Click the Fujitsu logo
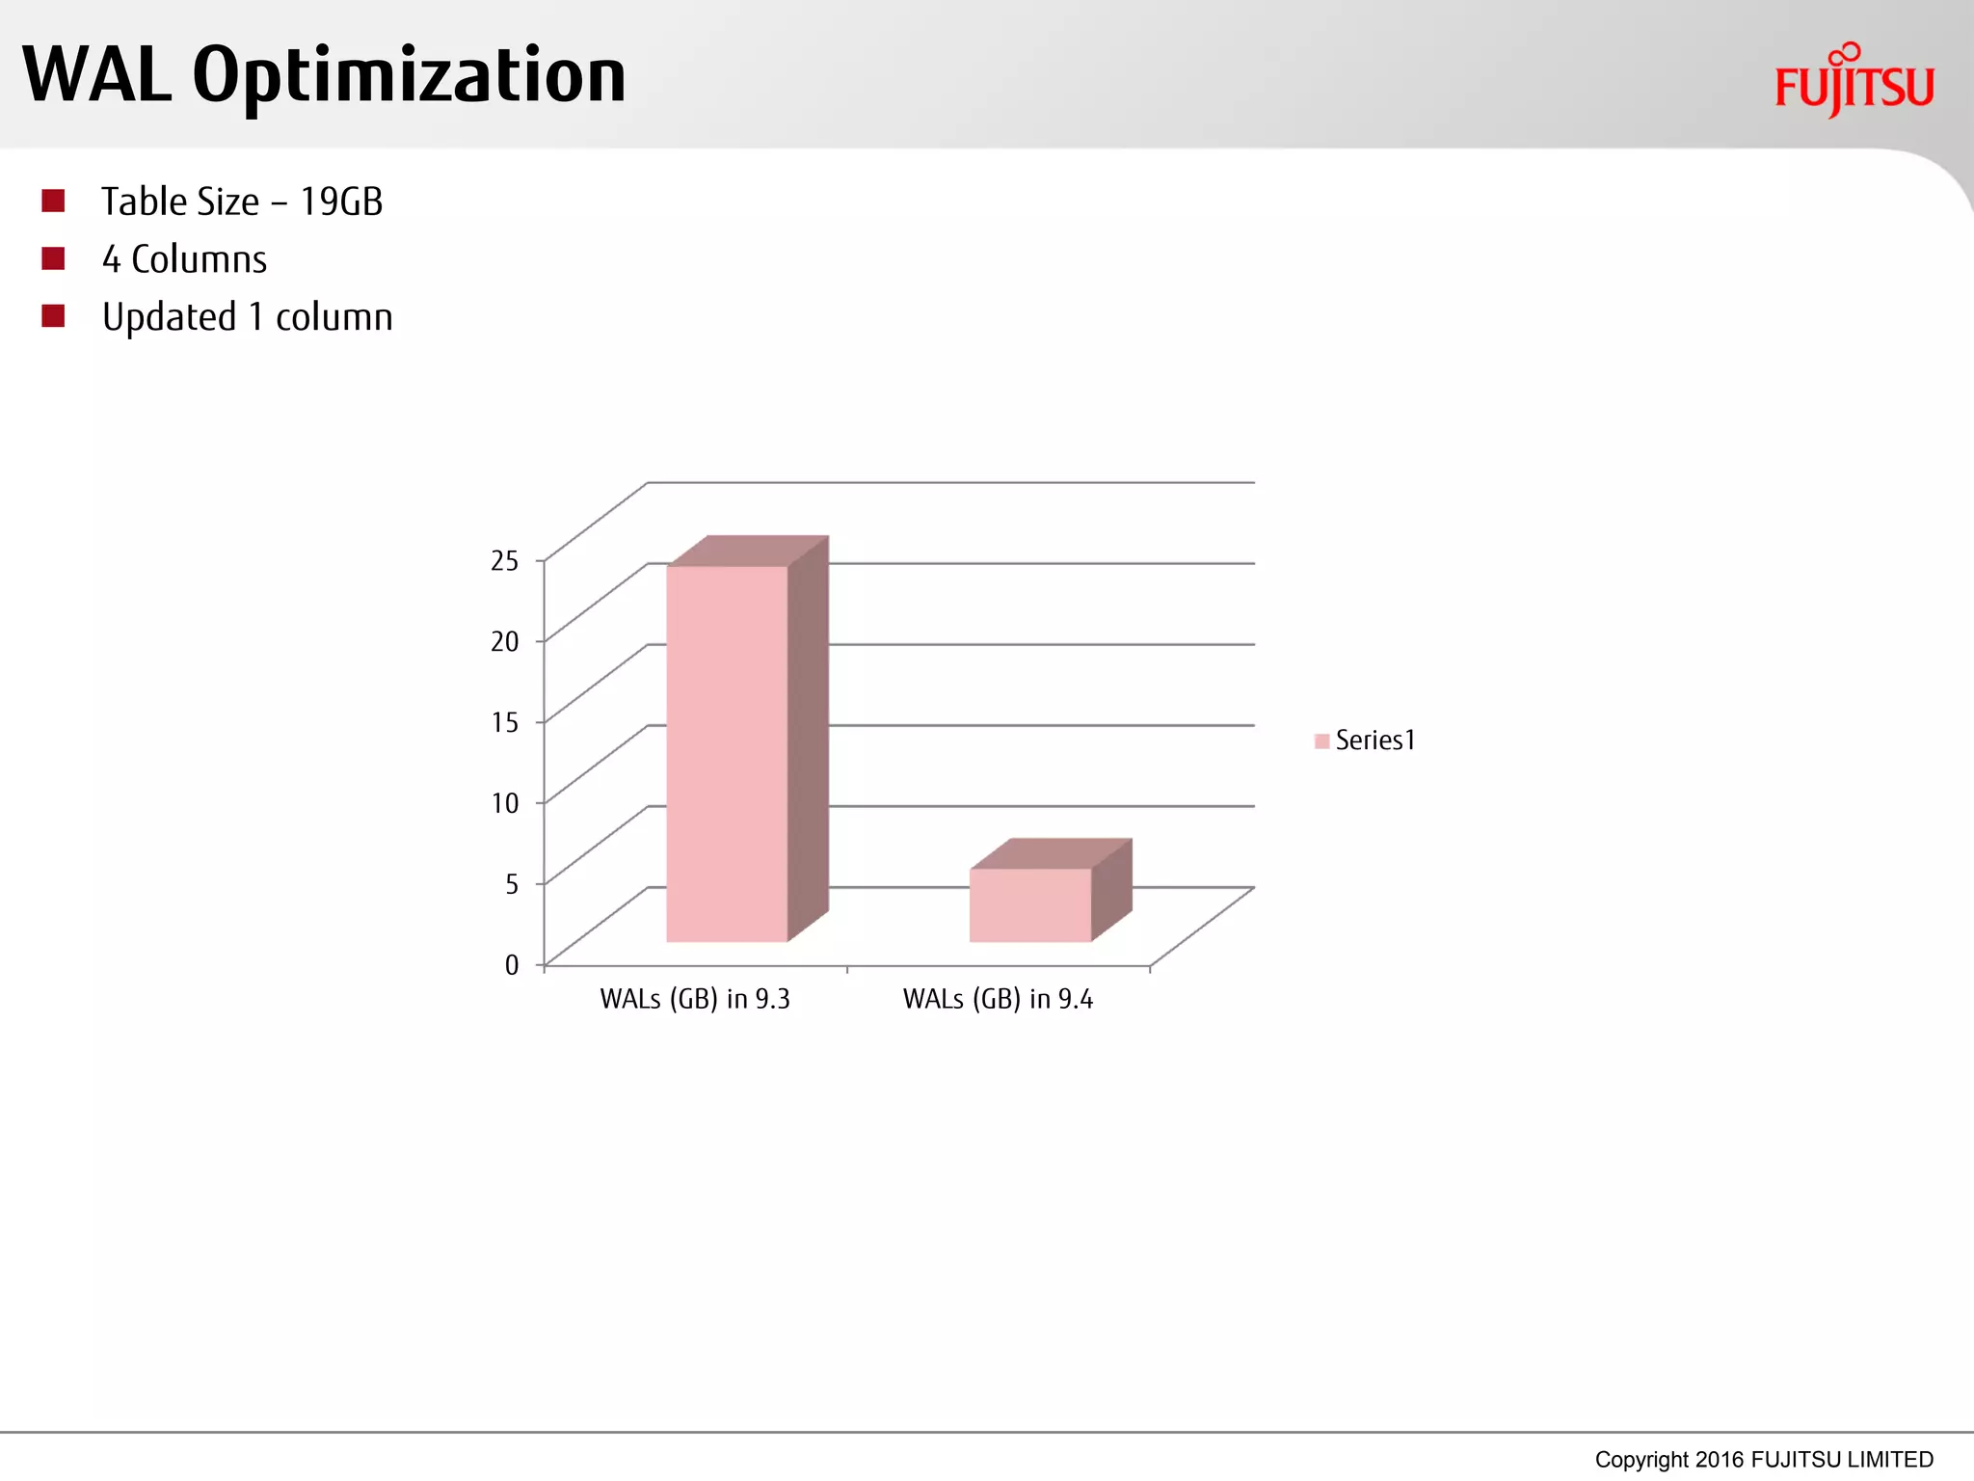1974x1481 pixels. [x=1854, y=82]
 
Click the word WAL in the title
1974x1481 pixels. [x=96, y=75]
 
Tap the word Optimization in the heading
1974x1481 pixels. [x=410, y=77]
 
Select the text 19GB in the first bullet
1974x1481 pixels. [x=341, y=202]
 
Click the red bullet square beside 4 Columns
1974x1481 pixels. [x=53, y=258]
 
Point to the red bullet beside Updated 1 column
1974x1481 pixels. [x=53, y=316]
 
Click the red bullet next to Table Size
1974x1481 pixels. [x=53, y=201]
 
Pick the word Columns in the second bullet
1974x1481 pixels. [x=199, y=259]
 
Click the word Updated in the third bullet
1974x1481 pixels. [x=170, y=317]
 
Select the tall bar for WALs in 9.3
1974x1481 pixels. [x=727, y=752]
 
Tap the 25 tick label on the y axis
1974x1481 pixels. [x=504, y=560]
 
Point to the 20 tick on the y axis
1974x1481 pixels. [x=504, y=641]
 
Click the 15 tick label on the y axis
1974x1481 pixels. [x=504, y=722]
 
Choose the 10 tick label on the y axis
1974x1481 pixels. [x=504, y=803]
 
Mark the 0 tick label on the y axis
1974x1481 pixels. [x=512, y=965]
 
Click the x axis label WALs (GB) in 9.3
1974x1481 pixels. [x=695, y=999]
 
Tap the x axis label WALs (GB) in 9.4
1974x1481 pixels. [x=998, y=999]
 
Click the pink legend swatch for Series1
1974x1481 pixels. [x=1321, y=740]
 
